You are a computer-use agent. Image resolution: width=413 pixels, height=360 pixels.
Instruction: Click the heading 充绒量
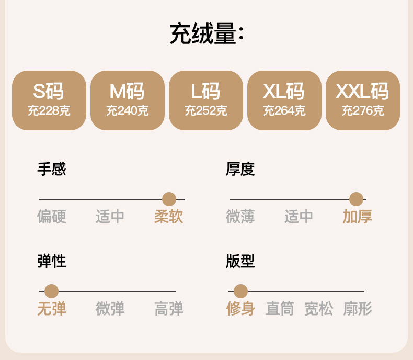coord(206,34)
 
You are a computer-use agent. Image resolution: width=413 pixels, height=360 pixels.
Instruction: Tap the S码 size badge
coord(49,100)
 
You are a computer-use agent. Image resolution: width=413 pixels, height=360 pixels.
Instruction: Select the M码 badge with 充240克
coord(128,100)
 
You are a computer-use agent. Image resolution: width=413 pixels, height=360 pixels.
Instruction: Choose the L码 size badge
coord(206,100)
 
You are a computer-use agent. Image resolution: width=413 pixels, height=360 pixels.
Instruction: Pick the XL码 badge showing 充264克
coord(284,100)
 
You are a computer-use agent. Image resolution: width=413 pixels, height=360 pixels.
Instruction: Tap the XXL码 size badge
coord(363,100)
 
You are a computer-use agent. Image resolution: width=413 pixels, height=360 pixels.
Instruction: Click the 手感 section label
coord(52,169)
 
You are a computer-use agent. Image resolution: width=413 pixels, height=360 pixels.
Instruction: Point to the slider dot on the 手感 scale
coord(169,199)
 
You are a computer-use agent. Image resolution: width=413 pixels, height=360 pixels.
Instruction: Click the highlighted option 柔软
coord(169,217)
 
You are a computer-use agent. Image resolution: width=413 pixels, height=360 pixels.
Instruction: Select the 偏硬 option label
coord(52,217)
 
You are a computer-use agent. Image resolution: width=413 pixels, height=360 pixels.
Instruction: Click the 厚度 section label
coord(240,169)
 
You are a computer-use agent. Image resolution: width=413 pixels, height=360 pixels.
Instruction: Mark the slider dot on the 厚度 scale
coord(356,199)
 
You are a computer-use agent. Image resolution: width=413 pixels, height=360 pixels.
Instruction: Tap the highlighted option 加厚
coord(358,217)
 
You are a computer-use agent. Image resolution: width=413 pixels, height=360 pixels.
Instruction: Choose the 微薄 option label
coord(240,217)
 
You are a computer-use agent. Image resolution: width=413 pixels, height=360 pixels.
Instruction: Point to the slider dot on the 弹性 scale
coord(51,291)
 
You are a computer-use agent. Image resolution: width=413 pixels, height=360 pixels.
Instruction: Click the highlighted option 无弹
coord(52,309)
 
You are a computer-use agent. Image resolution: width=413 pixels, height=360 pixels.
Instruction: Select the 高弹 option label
coord(169,309)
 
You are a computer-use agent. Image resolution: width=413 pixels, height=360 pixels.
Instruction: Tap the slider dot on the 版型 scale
coord(240,291)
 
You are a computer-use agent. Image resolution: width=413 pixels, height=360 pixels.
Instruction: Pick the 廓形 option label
coord(358,309)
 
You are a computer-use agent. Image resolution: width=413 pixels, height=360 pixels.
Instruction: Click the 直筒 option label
coord(280,309)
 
